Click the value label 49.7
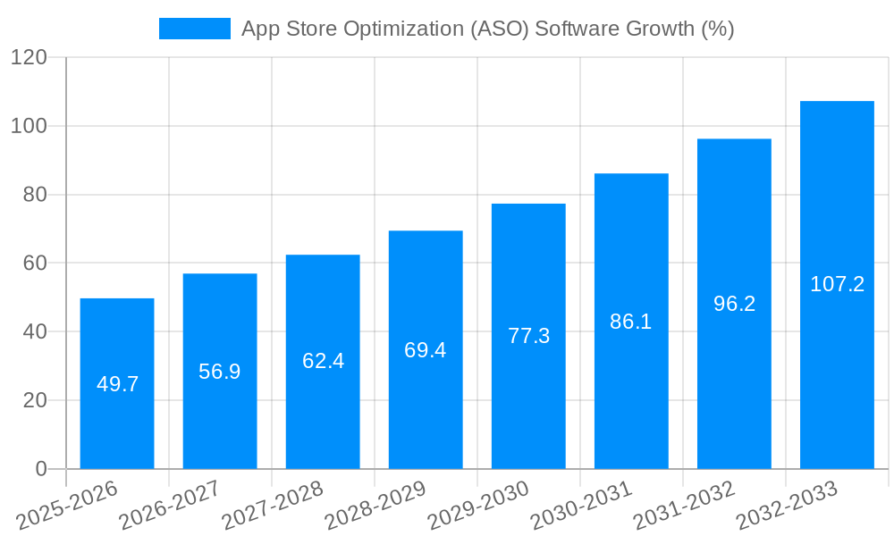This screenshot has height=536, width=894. point(117,384)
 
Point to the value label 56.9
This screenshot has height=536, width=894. point(220,372)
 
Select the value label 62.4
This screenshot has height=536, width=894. point(323,362)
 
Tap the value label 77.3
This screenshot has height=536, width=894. point(528,336)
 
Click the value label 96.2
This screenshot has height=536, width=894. point(734,304)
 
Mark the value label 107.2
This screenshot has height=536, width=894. point(837,284)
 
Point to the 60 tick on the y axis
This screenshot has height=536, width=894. point(34,264)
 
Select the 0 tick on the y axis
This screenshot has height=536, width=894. point(40,469)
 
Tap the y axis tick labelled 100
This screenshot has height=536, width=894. point(29,126)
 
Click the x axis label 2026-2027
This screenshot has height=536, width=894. point(170,505)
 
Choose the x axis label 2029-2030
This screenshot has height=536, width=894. point(479,505)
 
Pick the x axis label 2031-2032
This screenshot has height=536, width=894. point(685,505)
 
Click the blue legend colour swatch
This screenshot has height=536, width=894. point(194,29)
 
